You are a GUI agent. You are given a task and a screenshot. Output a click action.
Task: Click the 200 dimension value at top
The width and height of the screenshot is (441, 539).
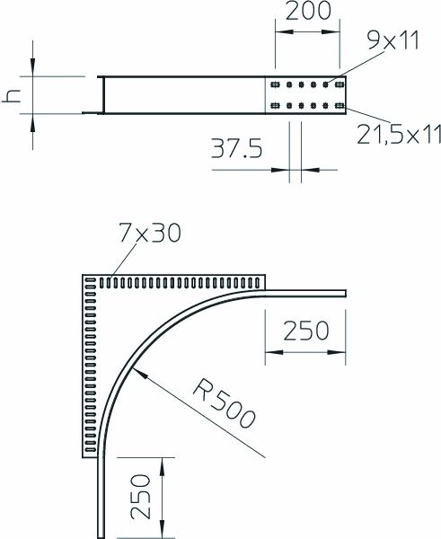point(308,11)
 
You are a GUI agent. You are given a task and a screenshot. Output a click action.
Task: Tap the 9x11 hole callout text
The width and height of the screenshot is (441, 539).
point(393,41)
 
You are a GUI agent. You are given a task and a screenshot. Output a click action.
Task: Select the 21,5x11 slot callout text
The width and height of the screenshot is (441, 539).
point(399,134)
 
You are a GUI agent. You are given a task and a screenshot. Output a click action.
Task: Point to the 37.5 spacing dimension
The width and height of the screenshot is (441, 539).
point(236,149)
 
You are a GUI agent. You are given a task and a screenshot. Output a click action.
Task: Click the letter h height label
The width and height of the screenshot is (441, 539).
point(12,97)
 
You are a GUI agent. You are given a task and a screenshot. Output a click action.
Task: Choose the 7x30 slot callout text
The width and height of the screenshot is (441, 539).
point(150,233)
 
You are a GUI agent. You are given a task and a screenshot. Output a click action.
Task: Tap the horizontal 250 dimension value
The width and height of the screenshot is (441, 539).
point(305,331)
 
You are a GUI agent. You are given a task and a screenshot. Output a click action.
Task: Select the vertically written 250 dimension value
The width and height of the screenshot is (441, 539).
point(141,497)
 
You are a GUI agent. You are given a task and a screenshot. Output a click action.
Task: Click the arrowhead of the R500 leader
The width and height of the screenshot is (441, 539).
point(139,373)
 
